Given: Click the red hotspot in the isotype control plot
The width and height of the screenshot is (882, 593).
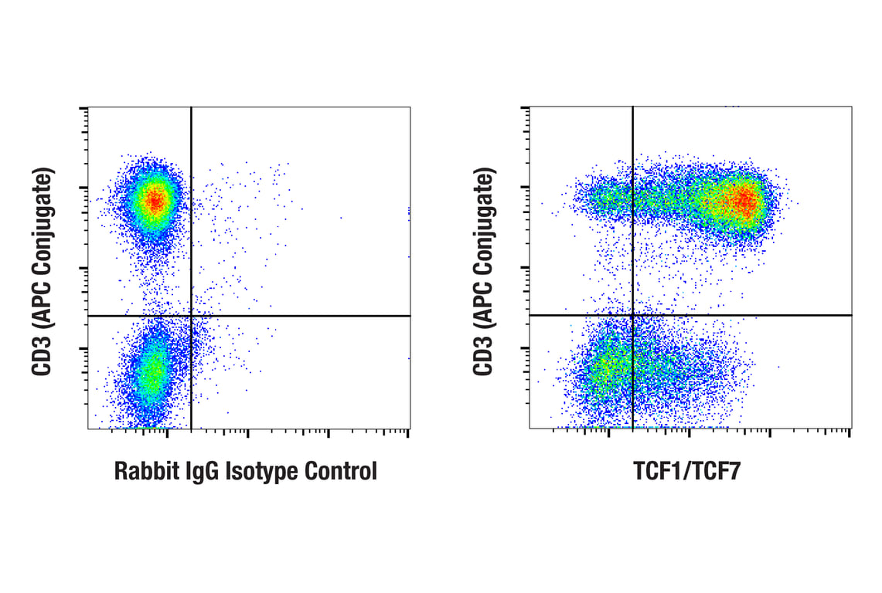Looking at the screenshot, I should pos(155,202).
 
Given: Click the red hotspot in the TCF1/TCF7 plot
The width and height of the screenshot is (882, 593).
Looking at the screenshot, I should pos(744,202).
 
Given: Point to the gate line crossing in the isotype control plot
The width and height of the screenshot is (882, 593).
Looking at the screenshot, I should pos(191,316).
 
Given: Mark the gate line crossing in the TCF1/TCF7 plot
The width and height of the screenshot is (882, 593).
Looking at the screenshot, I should pos(633,315).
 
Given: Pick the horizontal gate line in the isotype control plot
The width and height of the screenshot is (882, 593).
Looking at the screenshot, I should pos(309,316).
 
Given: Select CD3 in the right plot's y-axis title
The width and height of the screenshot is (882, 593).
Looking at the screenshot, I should pos(483,357).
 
